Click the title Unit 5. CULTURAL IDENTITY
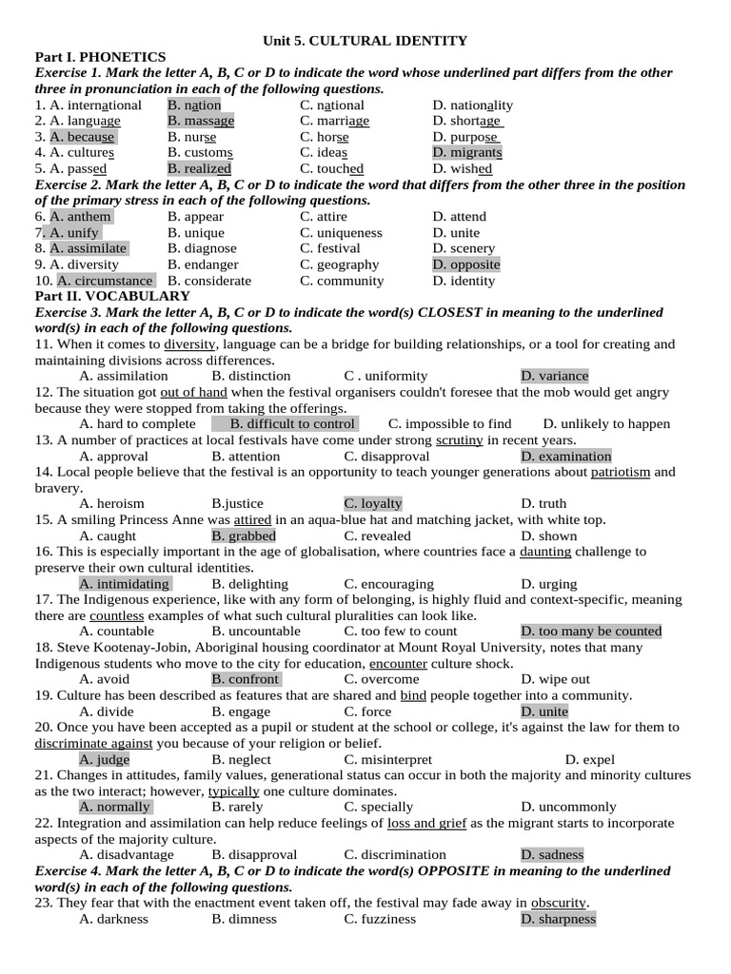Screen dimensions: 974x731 (x=365, y=40)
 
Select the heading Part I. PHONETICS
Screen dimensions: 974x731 (x=100, y=57)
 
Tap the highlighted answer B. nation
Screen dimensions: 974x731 (x=194, y=105)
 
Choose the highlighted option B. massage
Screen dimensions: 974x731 (x=201, y=121)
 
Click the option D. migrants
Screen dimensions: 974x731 (x=467, y=152)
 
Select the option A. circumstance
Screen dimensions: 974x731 (x=105, y=281)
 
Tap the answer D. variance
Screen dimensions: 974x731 (x=555, y=376)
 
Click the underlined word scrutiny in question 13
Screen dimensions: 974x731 (x=460, y=439)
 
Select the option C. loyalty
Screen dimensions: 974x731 (x=373, y=503)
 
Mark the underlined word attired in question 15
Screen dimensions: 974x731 (x=252, y=519)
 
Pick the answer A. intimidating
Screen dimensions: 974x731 (x=125, y=583)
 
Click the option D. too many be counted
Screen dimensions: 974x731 (x=591, y=631)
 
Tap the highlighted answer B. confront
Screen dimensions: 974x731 (x=246, y=679)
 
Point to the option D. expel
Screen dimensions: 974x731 (x=590, y=759)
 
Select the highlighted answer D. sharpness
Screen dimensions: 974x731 (x=558, y=919)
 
